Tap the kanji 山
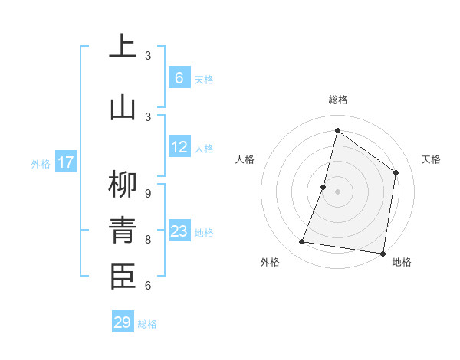(x=123, y=106)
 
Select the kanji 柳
(x=123, y=185)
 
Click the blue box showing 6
(x=179, y=78)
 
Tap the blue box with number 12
(x=179, y=147)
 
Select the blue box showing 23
(x=179, y=231)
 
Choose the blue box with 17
(x=66, y=162)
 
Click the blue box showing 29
(x=123, y=322)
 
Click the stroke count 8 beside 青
(x=147, y=239)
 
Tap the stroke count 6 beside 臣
(x=147, y=285)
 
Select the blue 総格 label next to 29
(x=147, y=324)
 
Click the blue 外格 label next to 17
(x=41, y=163)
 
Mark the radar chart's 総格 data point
(x=337, y=130)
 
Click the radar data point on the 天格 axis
(x=396, y=172)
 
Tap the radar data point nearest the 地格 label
(x=383, y=254)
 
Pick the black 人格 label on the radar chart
(x=245, y=159)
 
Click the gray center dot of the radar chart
(x=337, y=191)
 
